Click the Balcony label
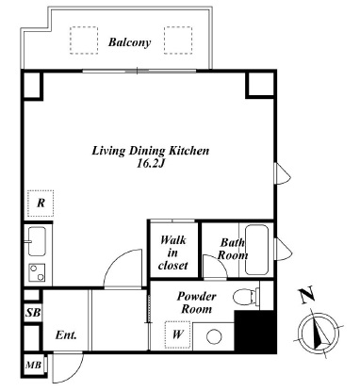click(129, 42)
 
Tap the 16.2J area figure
click(150, 164)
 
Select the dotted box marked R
click(41, 204)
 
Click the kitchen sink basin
click(37, 241)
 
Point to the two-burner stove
click(37, 272)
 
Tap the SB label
click(33, 313)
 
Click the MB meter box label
click(33, 366)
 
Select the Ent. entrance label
click(66, 335)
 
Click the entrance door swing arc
click(75, 374)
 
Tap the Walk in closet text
click(173, 253)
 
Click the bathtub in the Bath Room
click(256, 250)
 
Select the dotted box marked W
click(178, 334)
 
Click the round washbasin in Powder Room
click(214, 336)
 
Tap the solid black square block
click(255, 332)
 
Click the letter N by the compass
click(307, 296)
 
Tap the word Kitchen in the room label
click(189, 151)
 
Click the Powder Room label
click(197, 302)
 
